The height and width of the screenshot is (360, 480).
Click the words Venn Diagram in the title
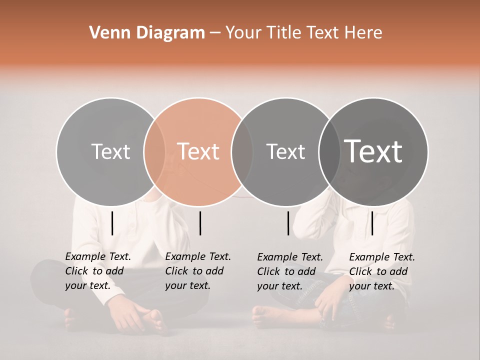(x=147, y=33)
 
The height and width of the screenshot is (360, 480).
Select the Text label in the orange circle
(x=198, y=151)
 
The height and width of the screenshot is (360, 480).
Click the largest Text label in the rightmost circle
(x=373, y=151)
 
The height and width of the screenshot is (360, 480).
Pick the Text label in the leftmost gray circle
(x=110, y=151)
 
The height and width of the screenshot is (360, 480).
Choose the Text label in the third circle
(x=285, y=151)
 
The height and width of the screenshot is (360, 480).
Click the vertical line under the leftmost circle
(x=112, y=223)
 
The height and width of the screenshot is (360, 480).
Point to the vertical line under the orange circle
(x=200, y=223)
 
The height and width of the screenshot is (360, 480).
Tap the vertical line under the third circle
(x=288, y=223)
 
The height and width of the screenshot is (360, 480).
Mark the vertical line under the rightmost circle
(x=372, y=223)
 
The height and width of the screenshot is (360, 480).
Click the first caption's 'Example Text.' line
(x=98, y=256)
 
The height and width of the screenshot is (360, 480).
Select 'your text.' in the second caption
(x=187, y=285)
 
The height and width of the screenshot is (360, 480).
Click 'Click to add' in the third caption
(x=286, y=271)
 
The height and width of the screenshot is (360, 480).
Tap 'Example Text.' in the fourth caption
(x=382, y=257)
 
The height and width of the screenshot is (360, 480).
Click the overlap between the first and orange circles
(x=154, y=151)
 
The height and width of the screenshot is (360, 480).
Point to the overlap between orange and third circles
(x=242, y=151)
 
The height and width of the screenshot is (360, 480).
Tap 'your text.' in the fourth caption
(x=371, y=286)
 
